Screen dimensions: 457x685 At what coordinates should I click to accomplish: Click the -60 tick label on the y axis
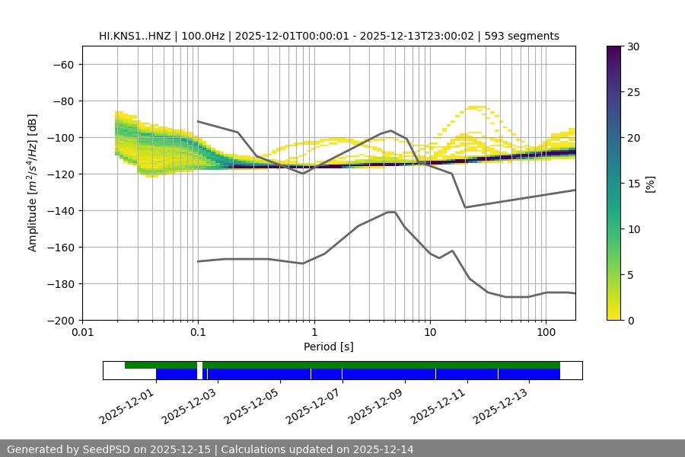pos(62,65)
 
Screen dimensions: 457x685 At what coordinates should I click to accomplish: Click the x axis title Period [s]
pos(329,347)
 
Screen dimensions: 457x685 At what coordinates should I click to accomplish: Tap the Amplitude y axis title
pos(33,183)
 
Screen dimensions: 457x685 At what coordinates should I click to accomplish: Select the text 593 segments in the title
pos(525,36)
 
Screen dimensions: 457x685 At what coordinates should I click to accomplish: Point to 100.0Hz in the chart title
pos(203,36)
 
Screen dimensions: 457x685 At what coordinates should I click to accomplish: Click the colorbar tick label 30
pos(632,46)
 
